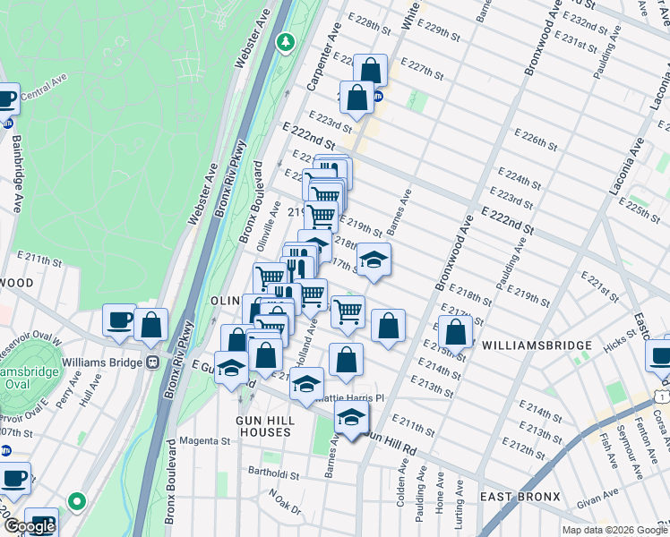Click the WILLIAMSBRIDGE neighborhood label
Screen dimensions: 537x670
click(537, 345)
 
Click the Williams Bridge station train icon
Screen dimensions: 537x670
click(152, 362)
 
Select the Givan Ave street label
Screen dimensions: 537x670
click(597, 504)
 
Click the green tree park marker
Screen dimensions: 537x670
click(286, 41)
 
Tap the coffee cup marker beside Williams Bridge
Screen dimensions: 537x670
click(118, 320)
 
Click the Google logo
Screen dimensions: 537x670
click(30, 526)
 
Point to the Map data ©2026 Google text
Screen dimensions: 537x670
click(614, 530)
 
